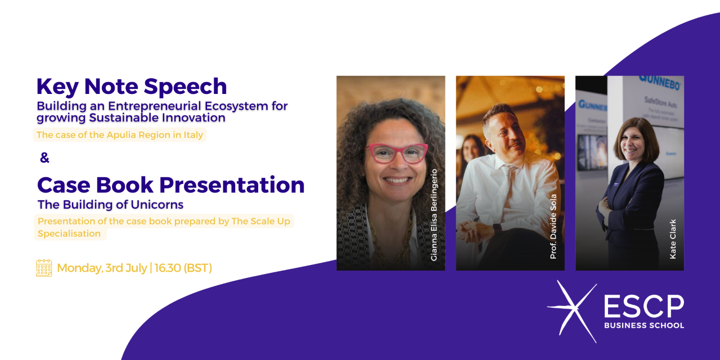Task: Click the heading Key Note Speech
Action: pos(132,87)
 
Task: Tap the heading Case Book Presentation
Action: pos(170,185)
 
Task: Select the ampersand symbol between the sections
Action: pos(44,157)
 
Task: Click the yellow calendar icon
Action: pos(44,268)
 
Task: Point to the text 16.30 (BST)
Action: pos(183,268)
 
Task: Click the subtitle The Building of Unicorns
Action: pos(110,205)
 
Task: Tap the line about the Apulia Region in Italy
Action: pos(120,134)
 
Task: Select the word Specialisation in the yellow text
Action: pos(69,233)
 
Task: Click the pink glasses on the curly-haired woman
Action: pos(397,153)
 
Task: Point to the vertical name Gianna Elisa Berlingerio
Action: pos(434,215)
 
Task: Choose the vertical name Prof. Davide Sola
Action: pos(553,227)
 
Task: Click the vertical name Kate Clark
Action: pos(673,239)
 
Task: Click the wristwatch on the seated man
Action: pos(497,228)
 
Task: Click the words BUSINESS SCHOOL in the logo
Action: pos(644,325)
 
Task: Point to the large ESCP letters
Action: pos(644,307)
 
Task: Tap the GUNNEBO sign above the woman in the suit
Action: pos(659,83)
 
